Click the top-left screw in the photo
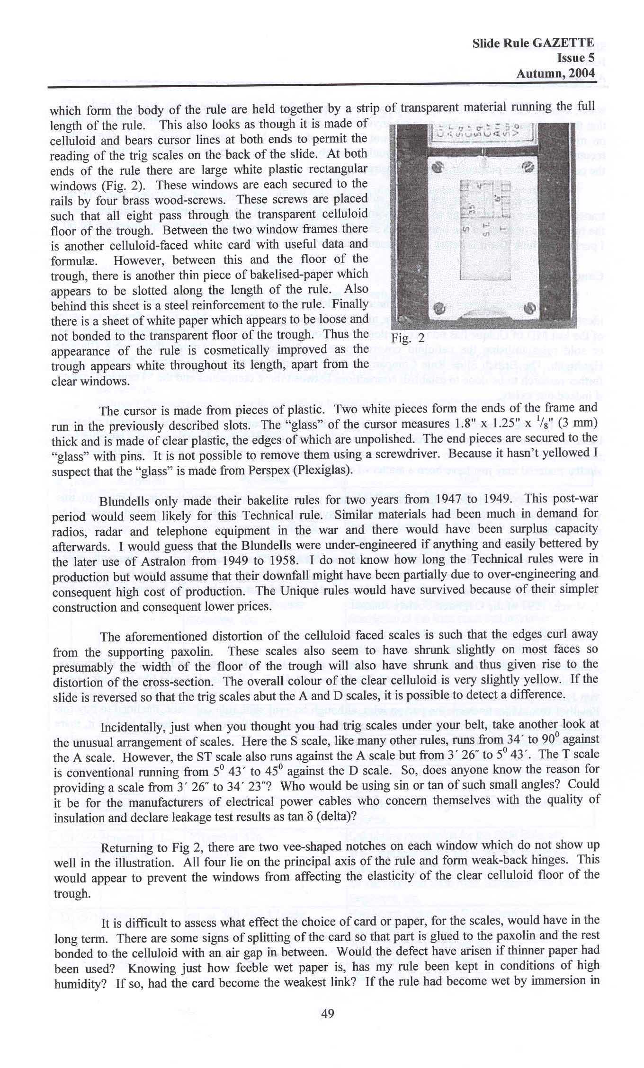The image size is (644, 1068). [x=438, y=167]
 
